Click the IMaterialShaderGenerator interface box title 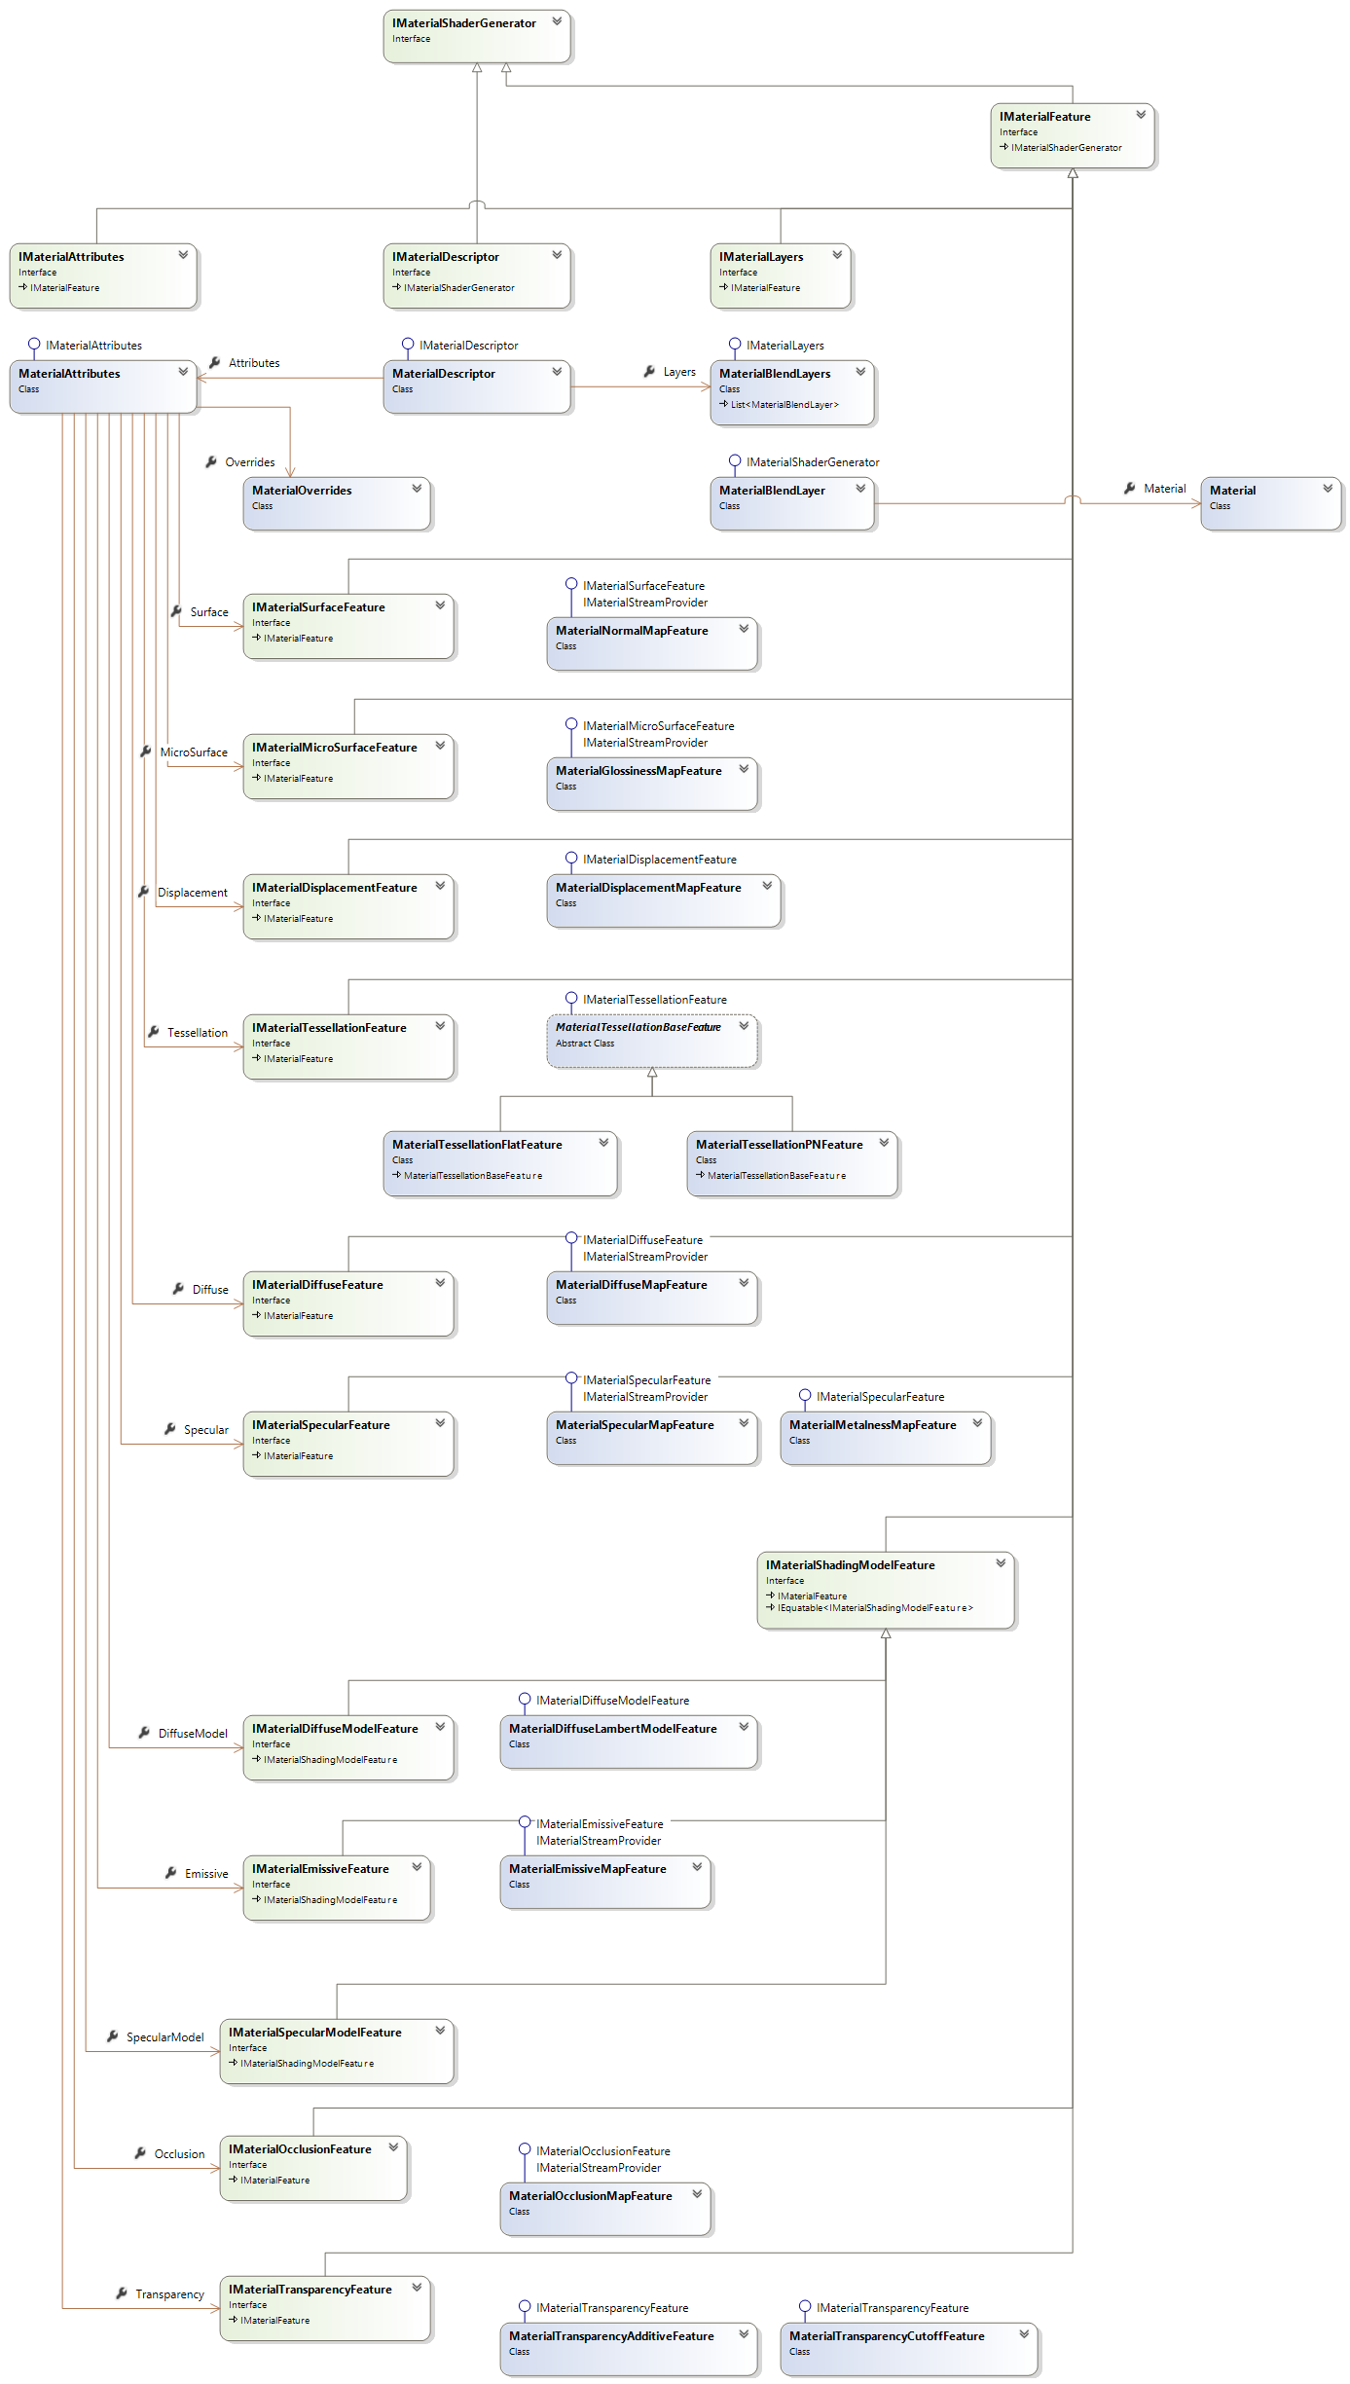(463, 23)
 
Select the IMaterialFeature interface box (1072, 135)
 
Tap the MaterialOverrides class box (336, 502)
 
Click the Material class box (1269, 502)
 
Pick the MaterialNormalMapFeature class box (651, 642)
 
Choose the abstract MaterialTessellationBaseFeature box (651, 1040)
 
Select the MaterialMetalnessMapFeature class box (885, 1437)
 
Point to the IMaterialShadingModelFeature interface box (885, 1589)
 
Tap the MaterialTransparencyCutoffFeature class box (908, 2348)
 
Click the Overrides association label (250, 462)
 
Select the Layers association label (679, 372)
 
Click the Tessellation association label (198, 1033)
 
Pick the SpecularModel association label (165, 2037)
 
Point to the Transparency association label (170, 2294)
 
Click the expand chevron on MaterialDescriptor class (557, 372)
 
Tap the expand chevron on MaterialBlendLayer (860, 489)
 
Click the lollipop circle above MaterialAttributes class (34, 344)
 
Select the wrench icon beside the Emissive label (170, 1873)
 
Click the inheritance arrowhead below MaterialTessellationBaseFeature (652, 1073)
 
